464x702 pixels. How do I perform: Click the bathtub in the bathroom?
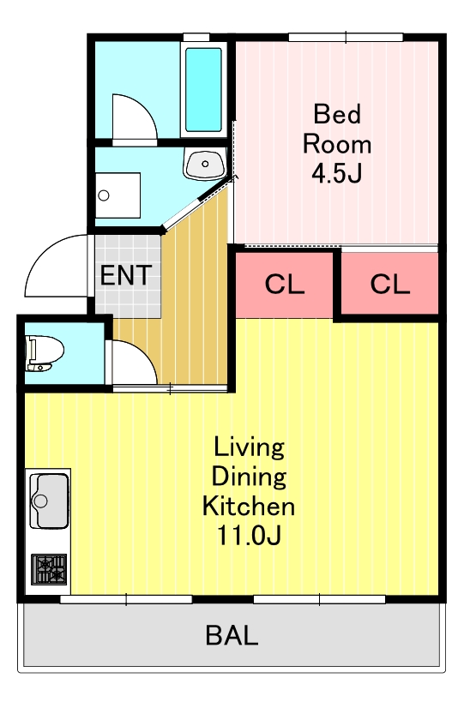(203, 90)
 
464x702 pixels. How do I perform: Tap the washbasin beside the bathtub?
(204, 165)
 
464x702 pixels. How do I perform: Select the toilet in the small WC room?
(44, 353)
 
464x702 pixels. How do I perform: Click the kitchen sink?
(49, 501)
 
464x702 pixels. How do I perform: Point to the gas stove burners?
(49, 569)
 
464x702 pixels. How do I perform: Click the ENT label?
(126, 275)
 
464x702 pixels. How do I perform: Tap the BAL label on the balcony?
(232, 635)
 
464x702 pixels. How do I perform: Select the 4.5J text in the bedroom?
(337, 173)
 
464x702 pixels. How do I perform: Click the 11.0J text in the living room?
(249, 535)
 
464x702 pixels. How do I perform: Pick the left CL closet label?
(285, 284)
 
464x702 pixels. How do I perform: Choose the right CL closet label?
(390, 284)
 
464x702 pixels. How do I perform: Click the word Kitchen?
(249, 505)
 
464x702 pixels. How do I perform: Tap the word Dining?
(249, 477)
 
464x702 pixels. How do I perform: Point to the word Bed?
(337, 114)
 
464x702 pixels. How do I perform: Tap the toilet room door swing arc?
(144, 353)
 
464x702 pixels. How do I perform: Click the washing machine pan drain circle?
(104, 195)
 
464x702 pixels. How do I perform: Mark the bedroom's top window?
(346, 38)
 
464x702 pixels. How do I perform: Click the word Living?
(249, 447)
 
